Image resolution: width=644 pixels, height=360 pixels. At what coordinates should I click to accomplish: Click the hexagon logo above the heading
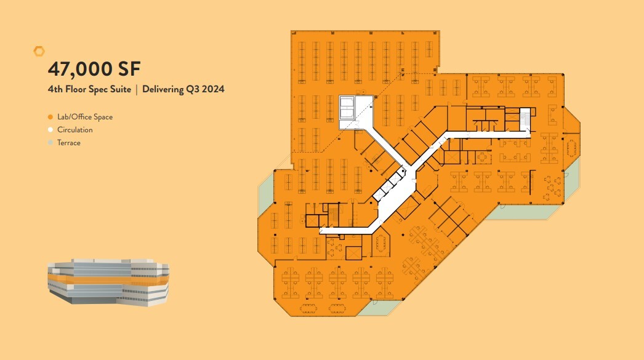[39, 51]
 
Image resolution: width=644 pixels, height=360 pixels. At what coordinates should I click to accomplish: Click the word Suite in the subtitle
[119, 89]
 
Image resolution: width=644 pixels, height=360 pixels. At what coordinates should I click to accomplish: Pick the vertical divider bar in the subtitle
[136, 89]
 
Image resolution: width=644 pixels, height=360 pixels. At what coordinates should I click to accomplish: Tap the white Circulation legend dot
[50, 130]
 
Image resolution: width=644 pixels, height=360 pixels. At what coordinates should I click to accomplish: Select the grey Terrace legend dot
[50, 143]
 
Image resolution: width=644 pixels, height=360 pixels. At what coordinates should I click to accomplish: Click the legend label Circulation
[75, 130]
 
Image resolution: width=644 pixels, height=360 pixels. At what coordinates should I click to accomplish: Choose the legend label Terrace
[69, 143]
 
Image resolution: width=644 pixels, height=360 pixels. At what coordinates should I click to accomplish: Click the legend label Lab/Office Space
[85, 117]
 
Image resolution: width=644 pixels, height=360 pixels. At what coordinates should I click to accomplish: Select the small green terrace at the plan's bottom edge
[376, 308]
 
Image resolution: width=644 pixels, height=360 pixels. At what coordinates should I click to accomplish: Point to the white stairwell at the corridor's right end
[525, 119]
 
